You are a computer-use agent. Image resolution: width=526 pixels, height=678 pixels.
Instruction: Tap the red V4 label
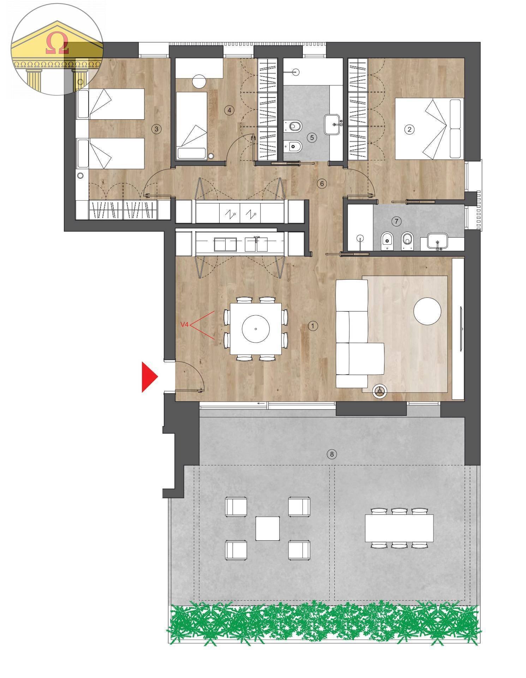click(184, 325)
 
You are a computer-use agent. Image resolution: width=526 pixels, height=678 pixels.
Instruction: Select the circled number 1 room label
click(313, 326)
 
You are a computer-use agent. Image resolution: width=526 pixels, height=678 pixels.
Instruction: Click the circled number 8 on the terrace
click(331, 454)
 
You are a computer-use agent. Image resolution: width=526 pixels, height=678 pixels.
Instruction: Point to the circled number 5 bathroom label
click(312, 137)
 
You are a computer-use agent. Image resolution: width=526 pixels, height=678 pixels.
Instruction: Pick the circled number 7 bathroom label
click(396, 221)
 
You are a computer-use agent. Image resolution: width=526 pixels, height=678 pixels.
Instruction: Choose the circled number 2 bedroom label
click(410, 129)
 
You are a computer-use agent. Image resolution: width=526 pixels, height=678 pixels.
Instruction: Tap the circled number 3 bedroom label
click(157, 129)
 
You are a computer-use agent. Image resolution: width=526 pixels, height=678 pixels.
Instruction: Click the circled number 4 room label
click(229, 110)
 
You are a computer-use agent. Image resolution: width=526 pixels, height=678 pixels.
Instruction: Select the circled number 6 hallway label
click(322, 183)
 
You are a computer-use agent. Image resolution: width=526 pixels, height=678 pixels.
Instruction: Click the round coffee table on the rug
click(427, 311)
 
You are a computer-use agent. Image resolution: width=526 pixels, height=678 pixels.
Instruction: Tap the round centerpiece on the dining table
click(256, 329)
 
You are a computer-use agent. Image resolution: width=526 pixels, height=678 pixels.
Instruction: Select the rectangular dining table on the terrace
click(399, 528)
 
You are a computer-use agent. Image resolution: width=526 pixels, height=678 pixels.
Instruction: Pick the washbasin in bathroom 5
click(332, 124)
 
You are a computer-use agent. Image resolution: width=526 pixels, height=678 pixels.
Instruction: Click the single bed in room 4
click(191, 125)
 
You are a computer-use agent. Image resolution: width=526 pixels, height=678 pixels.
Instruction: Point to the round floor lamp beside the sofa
click(379, 391)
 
